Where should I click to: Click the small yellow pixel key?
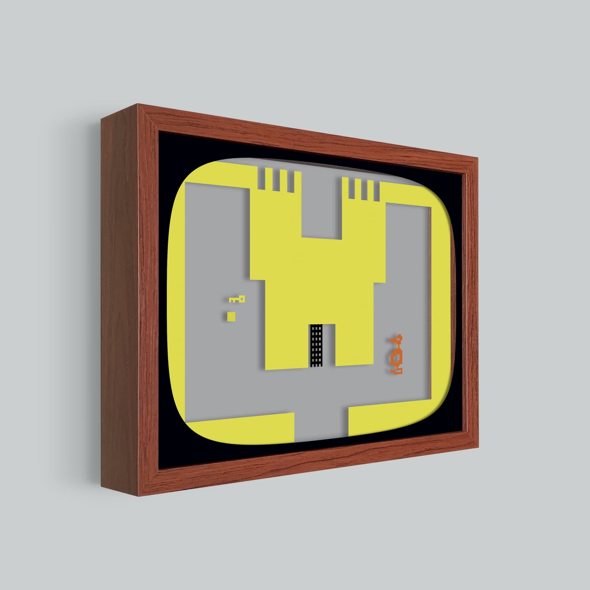237,300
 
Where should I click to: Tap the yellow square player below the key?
232,316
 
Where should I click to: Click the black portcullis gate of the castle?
316,345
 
